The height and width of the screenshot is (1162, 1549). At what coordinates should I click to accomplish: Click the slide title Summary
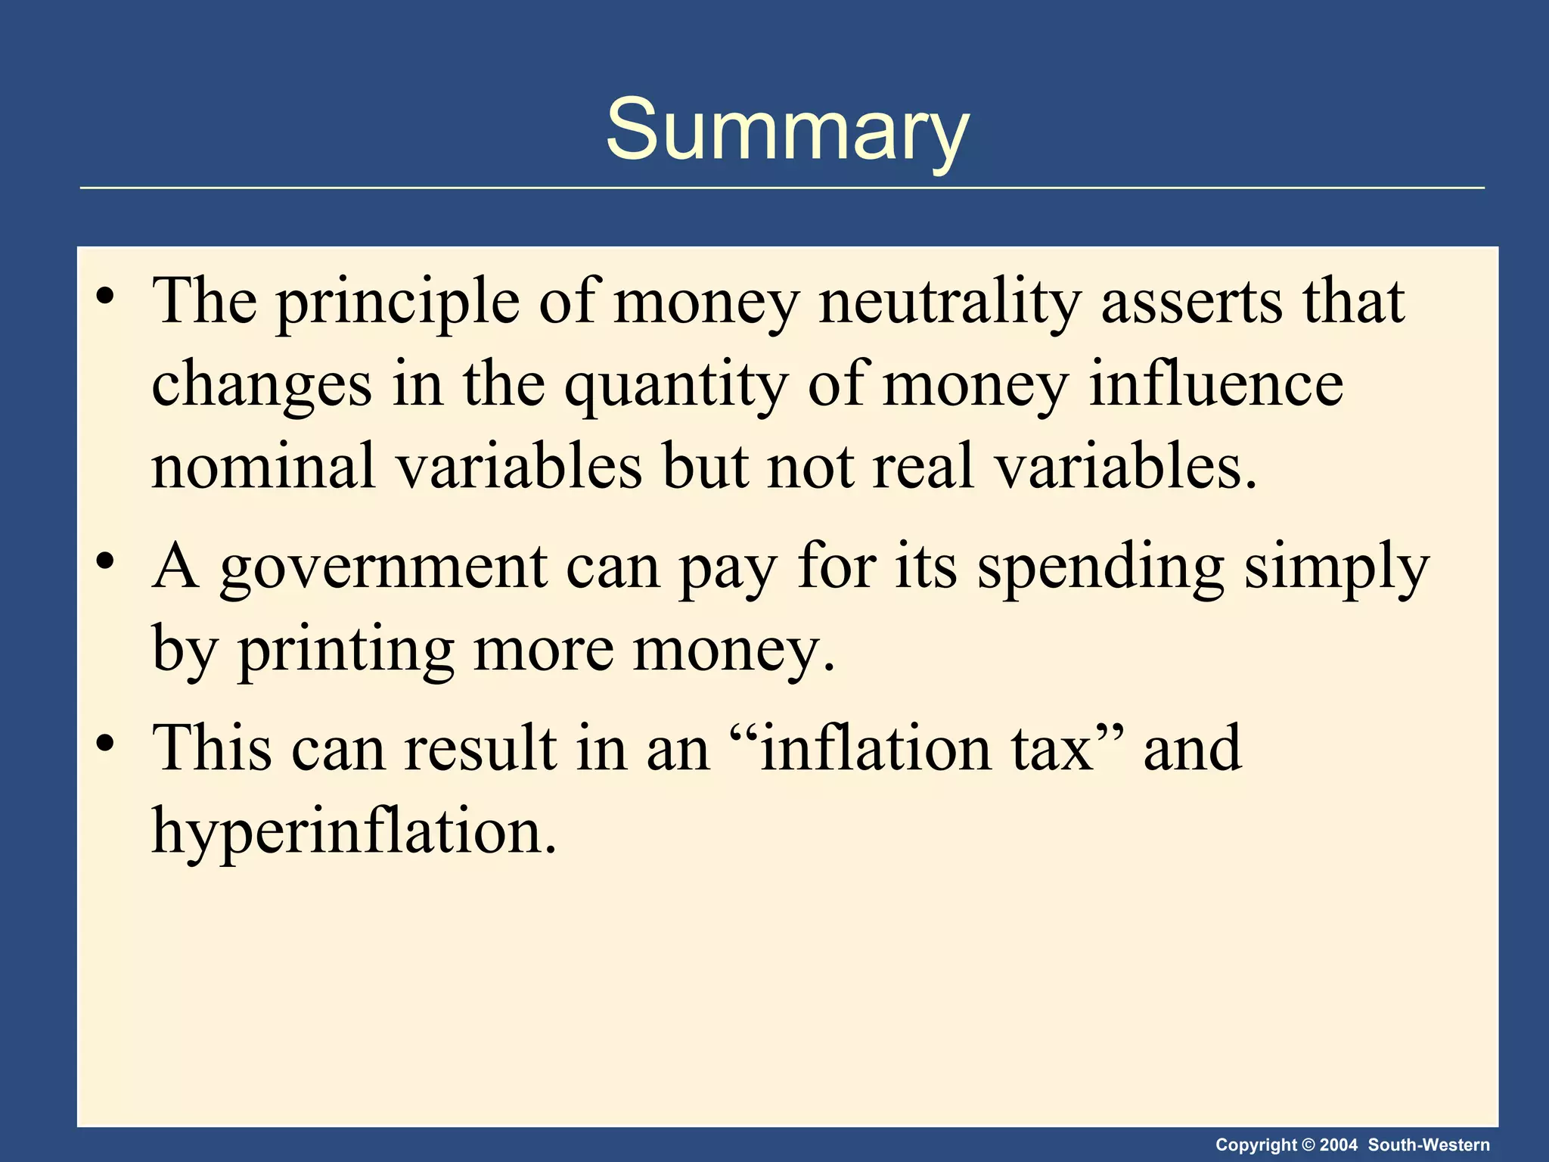[x=787, y=130]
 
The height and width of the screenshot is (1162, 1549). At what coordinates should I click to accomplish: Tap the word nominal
[x=263, y=466]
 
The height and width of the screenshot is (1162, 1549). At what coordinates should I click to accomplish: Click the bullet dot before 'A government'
[x=105, y=562]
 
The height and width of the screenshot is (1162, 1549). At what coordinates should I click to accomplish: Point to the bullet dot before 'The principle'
[x=105, y=295]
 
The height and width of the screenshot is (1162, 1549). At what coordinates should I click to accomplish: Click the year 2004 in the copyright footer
[x=1339, y=1145]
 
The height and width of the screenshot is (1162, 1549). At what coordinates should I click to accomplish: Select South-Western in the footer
[x=1429, y=1145]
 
